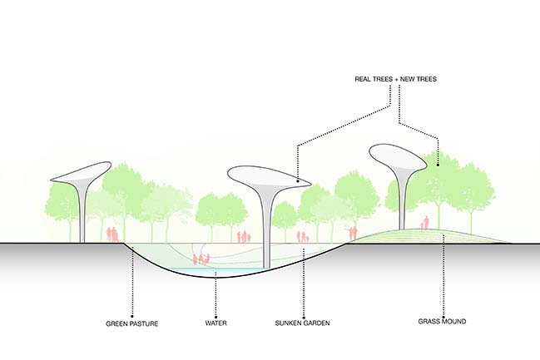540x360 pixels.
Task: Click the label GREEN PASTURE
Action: point(132,322)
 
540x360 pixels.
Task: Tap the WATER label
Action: point(216,322)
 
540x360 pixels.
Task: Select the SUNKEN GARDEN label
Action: point(303,322)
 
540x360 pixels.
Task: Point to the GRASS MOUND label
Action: point(443,321)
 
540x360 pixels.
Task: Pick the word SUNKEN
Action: point(291,322)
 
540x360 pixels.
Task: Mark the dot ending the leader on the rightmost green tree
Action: point(438,161)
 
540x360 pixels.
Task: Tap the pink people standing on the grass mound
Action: point(426,223)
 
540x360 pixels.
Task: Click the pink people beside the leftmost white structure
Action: point(112,234)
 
